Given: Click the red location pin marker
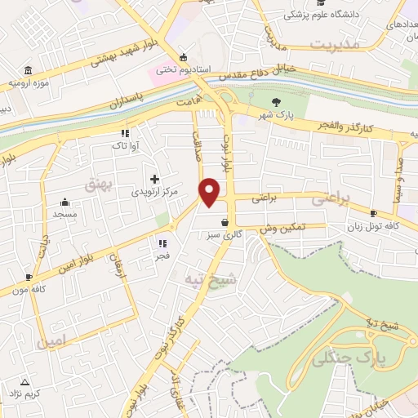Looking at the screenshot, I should pyautogui.click(x=211, y=191).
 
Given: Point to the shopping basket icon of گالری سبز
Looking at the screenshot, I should pyautogui.click(x=225, y=221).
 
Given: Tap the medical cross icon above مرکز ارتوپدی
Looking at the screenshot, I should pyautogui.click(x=154, y=179).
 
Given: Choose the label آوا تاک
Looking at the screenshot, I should pyautogui.click(x=125, y=145).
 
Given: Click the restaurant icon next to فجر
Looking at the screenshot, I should pyautogui.click(x=162, y=242).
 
